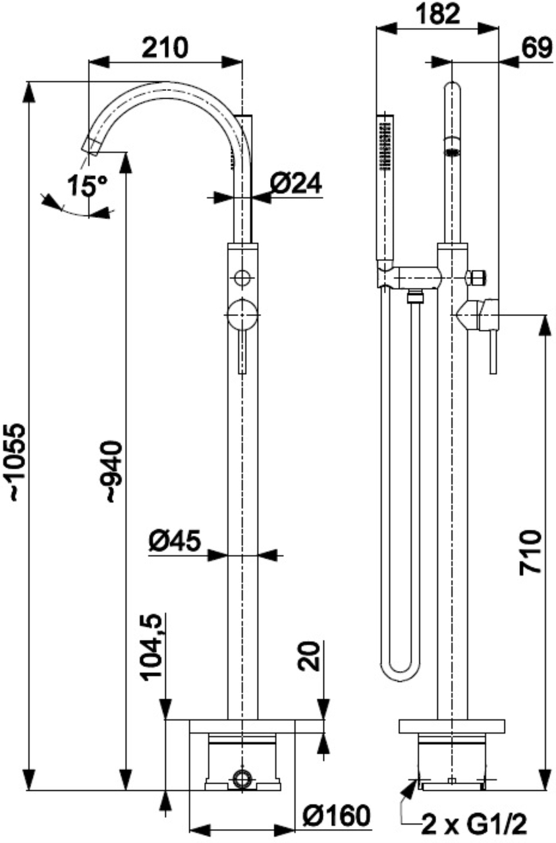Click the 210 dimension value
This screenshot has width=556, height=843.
(x=166, y=47)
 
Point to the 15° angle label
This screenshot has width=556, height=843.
(x=86, y=186)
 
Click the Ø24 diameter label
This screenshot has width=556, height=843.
(x=296, y=184)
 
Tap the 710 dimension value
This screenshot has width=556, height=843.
(x=531, y=551)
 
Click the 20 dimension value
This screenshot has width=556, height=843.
(x=310, y=656)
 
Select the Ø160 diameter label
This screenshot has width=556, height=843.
(x=335, y=816)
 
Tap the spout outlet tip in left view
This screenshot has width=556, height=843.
(x=92, y=144)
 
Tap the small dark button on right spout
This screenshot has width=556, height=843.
(x=451, y=152)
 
